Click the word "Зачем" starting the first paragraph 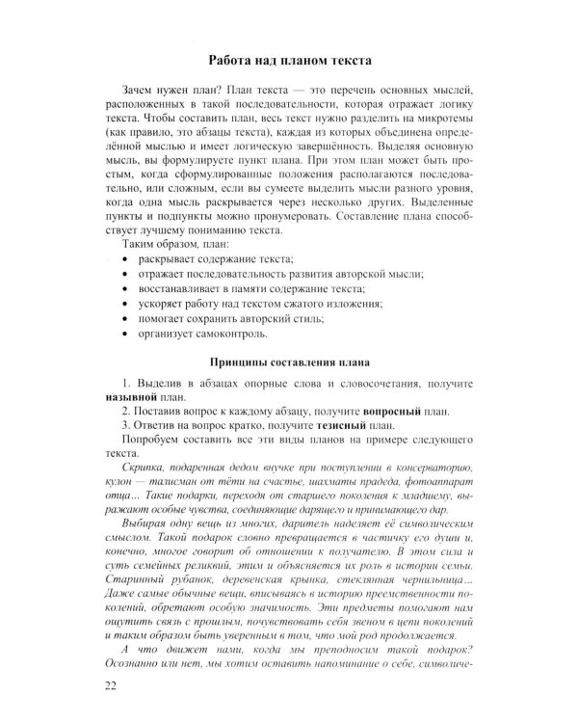pos(131,88)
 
